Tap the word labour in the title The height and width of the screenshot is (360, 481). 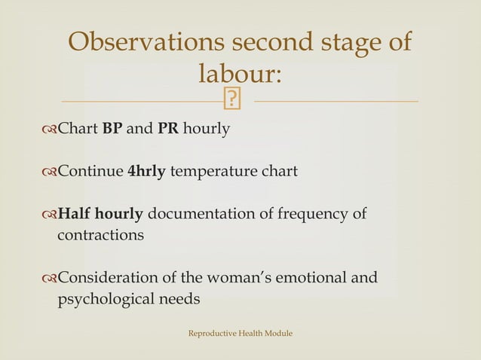click(240, 74)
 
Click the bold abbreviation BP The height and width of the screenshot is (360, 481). click(112, 129)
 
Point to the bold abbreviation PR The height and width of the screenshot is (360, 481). click(167, 129)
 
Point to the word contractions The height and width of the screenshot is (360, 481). click(100, 235)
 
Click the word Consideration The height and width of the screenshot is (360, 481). click(107, 279)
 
